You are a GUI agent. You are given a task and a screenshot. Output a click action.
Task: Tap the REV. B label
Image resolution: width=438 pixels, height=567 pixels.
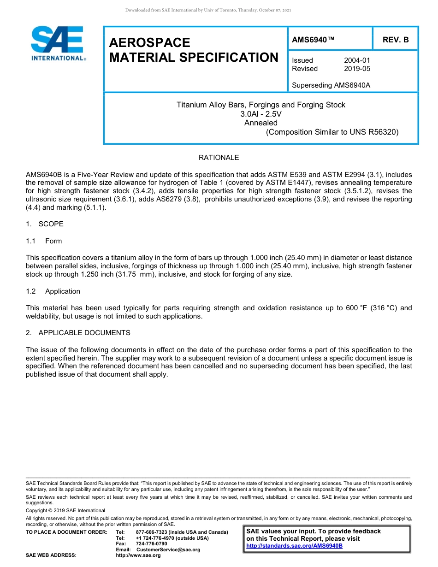(396, 40)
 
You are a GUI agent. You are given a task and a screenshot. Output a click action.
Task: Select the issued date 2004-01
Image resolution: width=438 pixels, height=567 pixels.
(357, 60)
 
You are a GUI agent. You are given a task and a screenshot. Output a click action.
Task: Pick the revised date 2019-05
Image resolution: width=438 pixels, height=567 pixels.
(357, 69)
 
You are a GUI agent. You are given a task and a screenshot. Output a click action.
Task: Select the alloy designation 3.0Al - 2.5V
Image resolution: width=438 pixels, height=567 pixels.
(260, 114)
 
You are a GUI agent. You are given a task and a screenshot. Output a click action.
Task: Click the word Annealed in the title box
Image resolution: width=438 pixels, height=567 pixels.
(260, 123)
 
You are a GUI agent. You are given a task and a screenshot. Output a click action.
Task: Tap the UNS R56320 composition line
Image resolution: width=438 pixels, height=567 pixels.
(332, 132)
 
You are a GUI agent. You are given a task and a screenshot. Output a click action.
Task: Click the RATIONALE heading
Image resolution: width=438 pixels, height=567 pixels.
(219, 158)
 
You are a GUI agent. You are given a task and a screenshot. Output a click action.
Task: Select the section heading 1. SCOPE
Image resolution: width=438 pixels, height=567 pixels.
(45, 224)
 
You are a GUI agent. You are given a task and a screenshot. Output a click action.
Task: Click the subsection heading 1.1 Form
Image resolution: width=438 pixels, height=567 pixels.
(44, 241)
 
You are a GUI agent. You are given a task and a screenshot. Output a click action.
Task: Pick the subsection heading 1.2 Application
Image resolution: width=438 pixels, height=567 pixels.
(53, 291)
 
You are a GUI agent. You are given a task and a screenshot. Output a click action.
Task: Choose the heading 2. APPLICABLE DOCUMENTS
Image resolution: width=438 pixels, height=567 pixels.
(78, 333)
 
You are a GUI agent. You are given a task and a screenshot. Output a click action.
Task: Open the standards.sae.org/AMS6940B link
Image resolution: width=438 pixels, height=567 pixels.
(294, 546)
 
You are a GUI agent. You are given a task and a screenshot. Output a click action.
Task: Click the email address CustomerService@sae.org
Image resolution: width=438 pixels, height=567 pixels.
(168, 549)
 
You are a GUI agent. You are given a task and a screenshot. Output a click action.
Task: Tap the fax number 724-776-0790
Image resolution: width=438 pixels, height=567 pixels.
(151, 544)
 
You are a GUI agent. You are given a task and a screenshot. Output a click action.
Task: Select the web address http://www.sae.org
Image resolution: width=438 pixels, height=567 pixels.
(138, 555)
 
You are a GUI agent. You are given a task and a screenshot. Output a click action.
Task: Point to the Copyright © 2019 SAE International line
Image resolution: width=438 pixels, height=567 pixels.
(65, 510)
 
